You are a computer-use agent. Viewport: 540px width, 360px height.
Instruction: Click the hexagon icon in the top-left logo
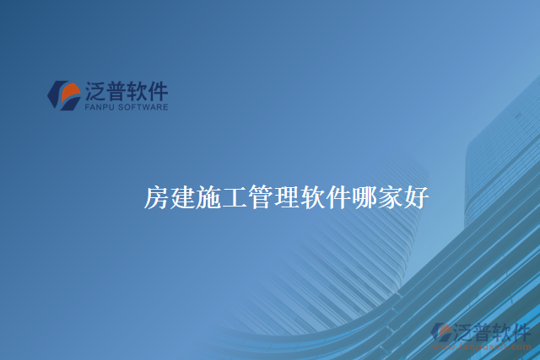click(x=64, y=95)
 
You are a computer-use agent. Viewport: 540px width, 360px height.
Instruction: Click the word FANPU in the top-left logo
click(x=100, y=107)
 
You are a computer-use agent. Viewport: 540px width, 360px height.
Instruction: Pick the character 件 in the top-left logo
click(x=158, y=90)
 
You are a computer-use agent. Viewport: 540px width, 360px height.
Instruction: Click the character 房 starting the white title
click(x=157, y=199)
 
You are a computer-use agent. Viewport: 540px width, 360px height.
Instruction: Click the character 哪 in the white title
click(x=365, y=199)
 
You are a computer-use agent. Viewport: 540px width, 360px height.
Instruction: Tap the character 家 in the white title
click(x=391, y=199)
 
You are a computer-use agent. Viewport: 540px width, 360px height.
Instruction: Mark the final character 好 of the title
click(x=418, y=199)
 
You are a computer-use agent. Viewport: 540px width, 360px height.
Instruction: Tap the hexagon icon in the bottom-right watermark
click(x=441, y=332)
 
